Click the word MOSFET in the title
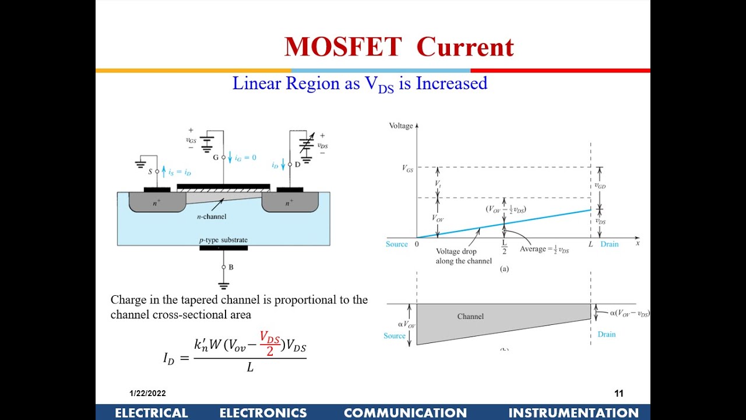click(343, 47)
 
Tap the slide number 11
click(619, 394)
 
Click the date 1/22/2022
click(147, 394)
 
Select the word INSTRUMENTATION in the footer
click(573, 413)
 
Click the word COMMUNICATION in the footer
click(405, 413)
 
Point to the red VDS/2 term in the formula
click(270, 344)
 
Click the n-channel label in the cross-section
click(211, 216)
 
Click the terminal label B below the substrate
click(231, 267)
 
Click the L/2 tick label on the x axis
click(504, 247)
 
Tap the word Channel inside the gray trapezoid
click(470, 316)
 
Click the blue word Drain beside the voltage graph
click(609, 244)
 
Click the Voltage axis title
click(400, 125)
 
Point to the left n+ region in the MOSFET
click(157, 203)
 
